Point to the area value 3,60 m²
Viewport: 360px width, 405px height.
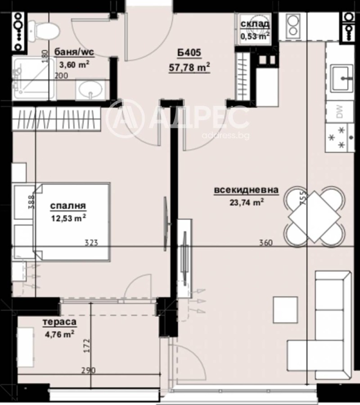[x=75, y=64]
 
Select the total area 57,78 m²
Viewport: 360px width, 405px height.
[x=189, y=68]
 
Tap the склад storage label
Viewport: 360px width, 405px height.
[x=255, y=24]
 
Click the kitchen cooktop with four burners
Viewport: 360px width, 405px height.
[x=338, y=137]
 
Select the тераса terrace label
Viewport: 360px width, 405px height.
[x=59, y=322]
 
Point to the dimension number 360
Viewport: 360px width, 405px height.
[x=266, y=243]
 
